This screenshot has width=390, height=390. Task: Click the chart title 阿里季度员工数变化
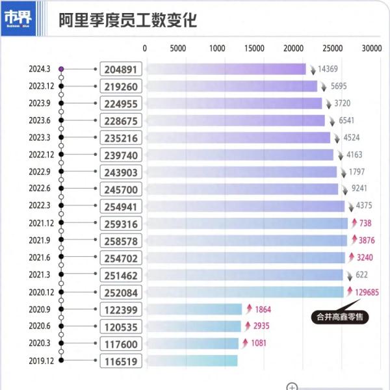(127, 20)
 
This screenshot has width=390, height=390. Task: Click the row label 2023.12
(41, 86)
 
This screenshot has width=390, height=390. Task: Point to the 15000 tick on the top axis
(256, 48)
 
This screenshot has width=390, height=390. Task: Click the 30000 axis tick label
(372, 48)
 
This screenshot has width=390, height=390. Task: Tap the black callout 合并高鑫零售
(339, 317)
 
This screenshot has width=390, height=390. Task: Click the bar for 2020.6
(194, 326)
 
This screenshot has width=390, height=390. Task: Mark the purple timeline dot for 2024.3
(61, 69)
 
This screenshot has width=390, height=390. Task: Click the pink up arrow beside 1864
(247, 309)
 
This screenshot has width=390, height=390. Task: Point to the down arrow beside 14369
(311, 69)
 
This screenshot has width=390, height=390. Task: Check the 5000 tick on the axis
(178, 48)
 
